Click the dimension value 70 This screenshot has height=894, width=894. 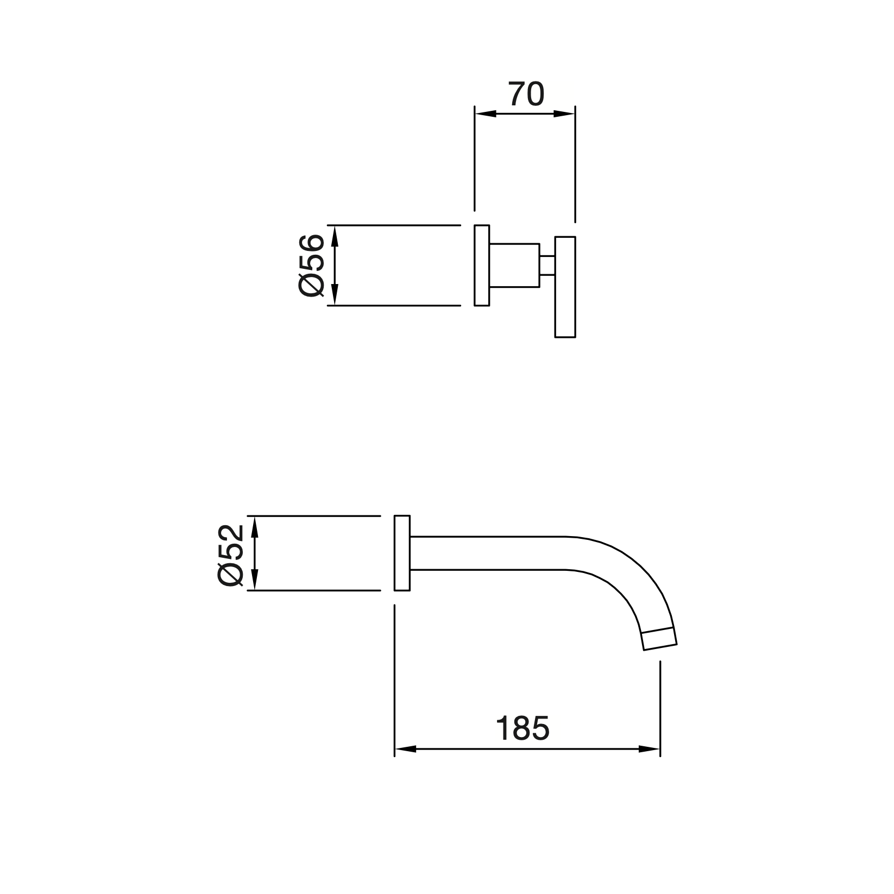[x=526, y=95]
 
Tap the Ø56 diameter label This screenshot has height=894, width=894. [x=312, y=265]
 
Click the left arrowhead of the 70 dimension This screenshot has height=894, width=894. [x=486, y=114]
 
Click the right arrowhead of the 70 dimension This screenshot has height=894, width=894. [x=564, y=114]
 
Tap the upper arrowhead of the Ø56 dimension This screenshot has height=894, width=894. [x=335, y=236]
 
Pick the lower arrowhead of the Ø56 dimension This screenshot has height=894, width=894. [x=335, y=295]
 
